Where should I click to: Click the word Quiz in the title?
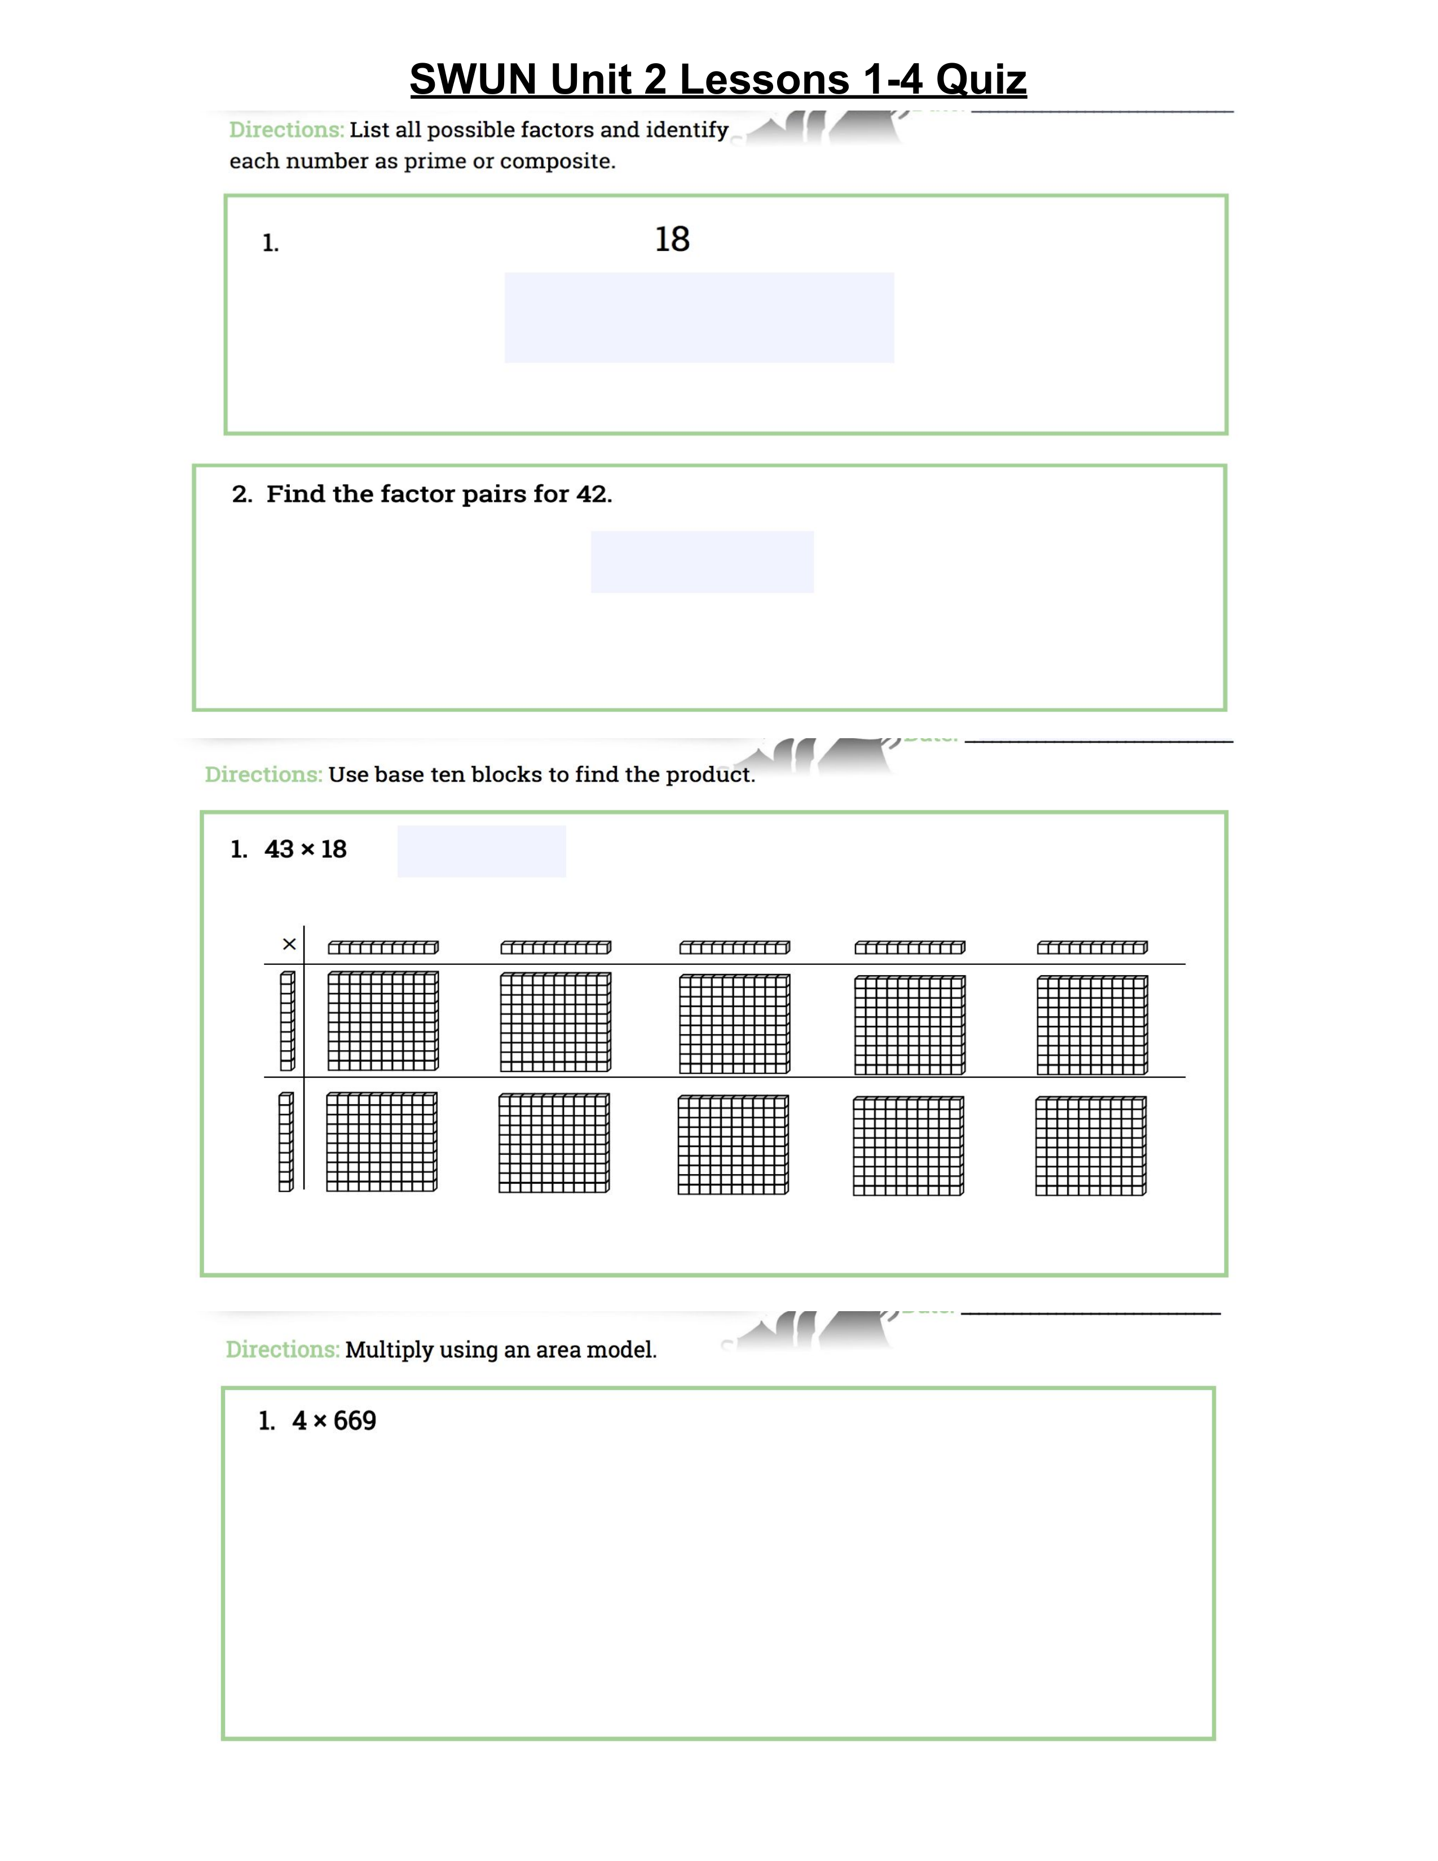pyautogui.click(x=981, y=80)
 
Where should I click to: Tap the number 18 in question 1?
pyautogui.click(x=672, y=240)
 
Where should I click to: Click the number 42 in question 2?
pyautogui.click(x=592, y=494)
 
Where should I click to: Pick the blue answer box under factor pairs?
pyautogui.click(x=702, y=562)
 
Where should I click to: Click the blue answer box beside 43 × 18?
pyautogui.click(x=482, y=850)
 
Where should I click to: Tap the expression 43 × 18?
pyautogui.click(x=305, y=849)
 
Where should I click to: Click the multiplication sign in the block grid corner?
pyautogui.click(x=289, y=944)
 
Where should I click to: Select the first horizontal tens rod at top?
pyautogui.click(x=383, y=947)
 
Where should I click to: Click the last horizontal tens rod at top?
pyautogui.click(x=1092, y=947)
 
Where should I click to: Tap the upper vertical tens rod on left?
pyautogui.click(x=287, y=1021)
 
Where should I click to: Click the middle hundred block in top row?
pyautogui.click(x=734, y=1024)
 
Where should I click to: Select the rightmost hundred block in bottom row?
pyautogui.click(x=1091, y=1146)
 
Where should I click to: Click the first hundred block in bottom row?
pyautogui.click(x=382, y=1142)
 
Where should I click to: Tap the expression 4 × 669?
pyautogui.click(x=333, y=1421)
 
